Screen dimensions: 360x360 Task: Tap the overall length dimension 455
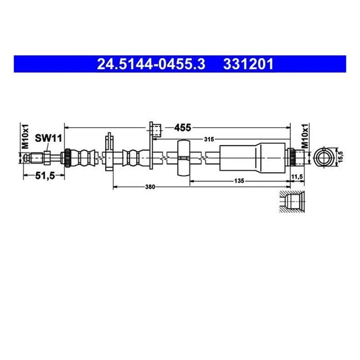[181, 128]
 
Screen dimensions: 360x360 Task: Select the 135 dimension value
[238, 181]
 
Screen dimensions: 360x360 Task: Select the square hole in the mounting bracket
[157, 132]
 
